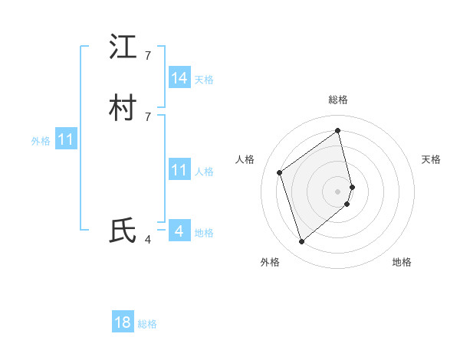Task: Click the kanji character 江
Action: [123, 47]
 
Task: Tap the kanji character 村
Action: [123, 109]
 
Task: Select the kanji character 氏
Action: [123, 231]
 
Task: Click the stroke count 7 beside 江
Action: [148, 56]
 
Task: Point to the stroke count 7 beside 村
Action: [148, 116]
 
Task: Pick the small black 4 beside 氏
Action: [148, 240]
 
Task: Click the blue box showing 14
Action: [179, 78]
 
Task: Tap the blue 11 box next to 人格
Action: [179, 170]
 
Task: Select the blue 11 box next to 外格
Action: [67, 140]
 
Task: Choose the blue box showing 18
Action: [123, 322]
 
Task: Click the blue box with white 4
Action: [179, 231]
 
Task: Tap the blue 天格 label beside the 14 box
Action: [204, 80]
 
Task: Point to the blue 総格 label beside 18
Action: [147, 324]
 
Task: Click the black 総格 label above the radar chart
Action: [338, 100]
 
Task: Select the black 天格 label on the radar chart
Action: [431, 159]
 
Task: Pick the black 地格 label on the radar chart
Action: [402, 262]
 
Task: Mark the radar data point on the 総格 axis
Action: [338, 131]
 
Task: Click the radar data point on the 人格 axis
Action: [280, 172]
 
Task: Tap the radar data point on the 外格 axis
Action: [302, 242]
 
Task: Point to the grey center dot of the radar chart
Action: [338, 191]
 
